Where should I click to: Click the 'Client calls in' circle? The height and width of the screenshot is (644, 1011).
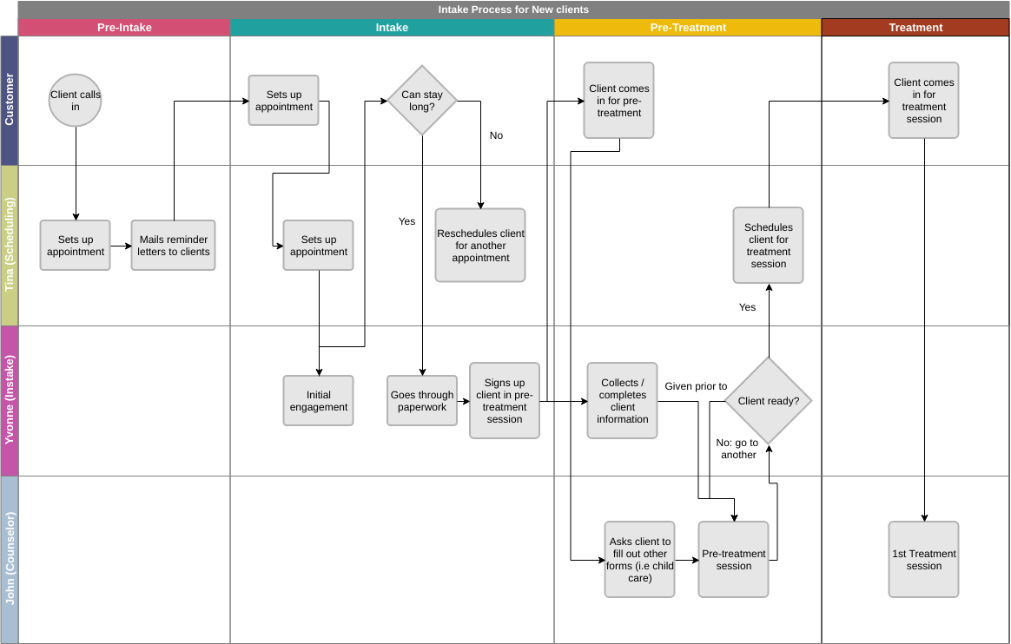point(76,101)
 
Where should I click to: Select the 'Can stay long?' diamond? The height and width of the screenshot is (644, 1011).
point(422,101)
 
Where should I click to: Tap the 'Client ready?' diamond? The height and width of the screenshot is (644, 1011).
point(769,401)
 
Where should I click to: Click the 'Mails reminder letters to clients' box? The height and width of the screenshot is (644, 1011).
point(174,246)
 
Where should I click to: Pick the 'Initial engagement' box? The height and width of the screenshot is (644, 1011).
point(319,401)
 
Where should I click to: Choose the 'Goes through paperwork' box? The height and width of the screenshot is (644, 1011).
point(422,401)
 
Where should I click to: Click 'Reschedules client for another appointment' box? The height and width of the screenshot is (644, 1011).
point(480,246)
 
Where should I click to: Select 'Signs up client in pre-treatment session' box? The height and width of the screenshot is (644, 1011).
point(505,401)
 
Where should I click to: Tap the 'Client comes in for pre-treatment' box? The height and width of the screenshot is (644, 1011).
point(619,101)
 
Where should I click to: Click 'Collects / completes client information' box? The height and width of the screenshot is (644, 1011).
point(623,401)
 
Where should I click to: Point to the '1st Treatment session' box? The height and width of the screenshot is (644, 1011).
point(924,560)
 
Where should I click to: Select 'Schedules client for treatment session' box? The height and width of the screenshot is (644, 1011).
point(769,246)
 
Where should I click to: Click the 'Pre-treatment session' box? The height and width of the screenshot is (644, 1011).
point(734,560)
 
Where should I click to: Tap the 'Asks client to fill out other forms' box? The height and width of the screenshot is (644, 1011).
point(640,560)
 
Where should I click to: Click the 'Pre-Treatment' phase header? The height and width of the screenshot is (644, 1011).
point(688,28)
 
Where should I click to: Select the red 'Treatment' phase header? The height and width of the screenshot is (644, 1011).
point(915,28)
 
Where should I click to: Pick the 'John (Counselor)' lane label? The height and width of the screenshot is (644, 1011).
point(10,560)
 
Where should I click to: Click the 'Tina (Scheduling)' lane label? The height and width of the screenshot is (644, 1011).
point(10,246)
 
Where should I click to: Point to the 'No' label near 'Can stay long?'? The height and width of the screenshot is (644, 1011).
point(496,135)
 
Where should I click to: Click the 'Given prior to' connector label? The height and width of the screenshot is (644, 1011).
point(696,386)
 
